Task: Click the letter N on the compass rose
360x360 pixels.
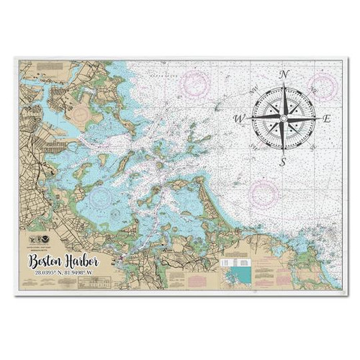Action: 284,75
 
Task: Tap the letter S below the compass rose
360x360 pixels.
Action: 283,162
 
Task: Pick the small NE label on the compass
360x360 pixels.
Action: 312,91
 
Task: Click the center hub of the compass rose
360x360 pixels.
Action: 284,117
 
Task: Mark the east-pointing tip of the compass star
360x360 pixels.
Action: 316,117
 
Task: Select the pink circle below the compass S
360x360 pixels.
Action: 264,193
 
